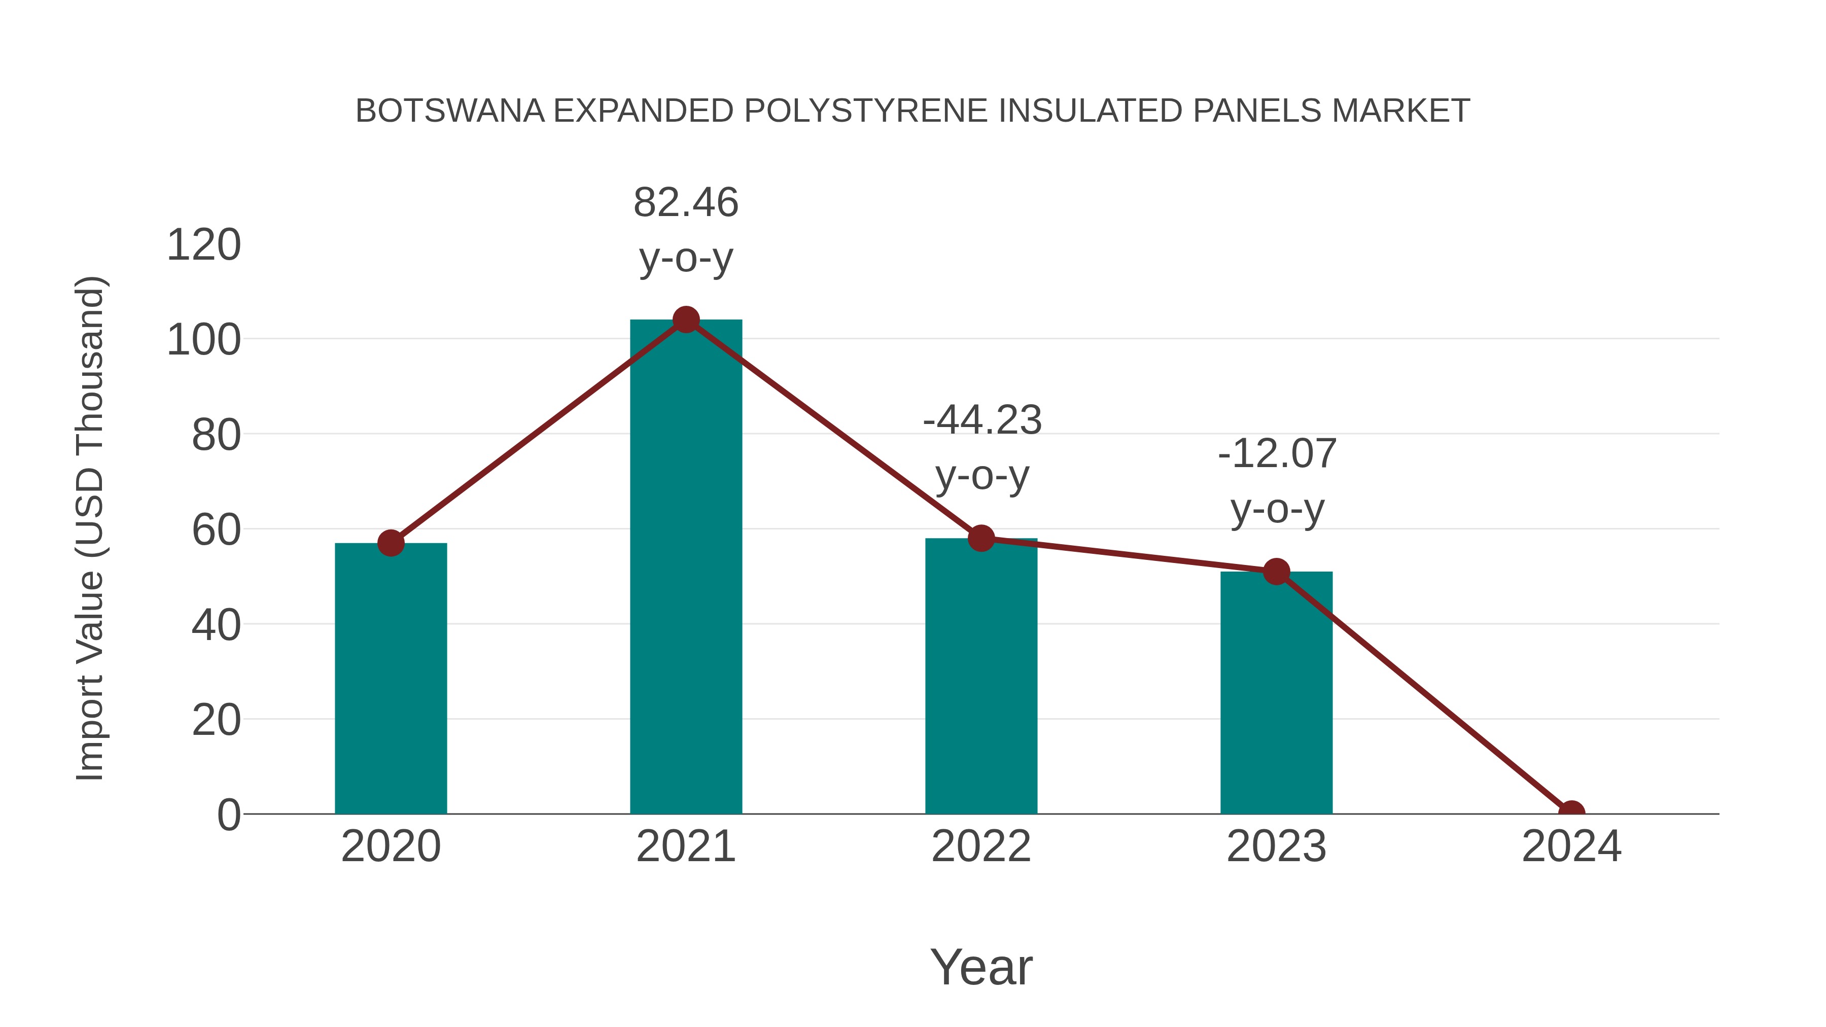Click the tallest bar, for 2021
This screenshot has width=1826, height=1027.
point(685,567)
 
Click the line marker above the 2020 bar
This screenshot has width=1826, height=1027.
point(391,544)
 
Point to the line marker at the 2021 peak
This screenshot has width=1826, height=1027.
point(685,321)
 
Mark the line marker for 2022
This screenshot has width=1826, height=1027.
point(981,539)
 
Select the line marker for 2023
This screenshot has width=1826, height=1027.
point(1276,572)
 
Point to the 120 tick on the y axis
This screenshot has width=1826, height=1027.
point(203,245)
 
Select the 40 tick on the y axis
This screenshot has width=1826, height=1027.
point(216,625)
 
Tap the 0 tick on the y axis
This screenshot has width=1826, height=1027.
point(229,814)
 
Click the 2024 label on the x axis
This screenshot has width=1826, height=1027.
point(1571,846)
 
